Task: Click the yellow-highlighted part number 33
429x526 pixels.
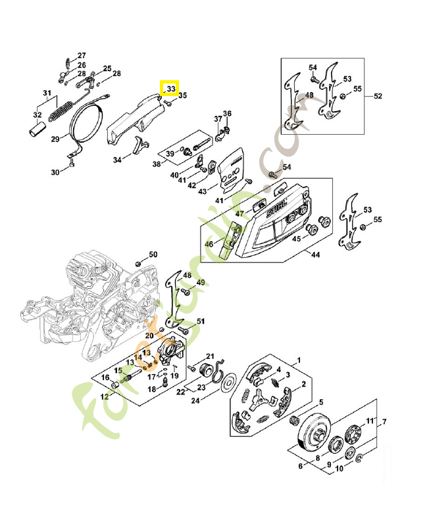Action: [x=170, y=88]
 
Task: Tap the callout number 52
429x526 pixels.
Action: [x=378, y=97]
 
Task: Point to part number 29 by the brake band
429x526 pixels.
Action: [x=56, y=139]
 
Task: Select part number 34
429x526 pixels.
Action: [x=117, y=160]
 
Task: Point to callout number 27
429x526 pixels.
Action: [x=82, y=55]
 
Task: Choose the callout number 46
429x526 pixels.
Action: [x=209, y=244]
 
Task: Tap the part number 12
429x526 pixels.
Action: [x=104, y=396]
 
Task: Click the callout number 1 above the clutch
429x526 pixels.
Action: [x=299, y=360]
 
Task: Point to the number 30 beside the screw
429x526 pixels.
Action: [x=56, y=172]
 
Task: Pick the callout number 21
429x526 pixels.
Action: [x=211, y=356]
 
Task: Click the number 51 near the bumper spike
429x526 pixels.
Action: [x=201, y=322]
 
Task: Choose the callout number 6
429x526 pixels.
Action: [x=301, y=466]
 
